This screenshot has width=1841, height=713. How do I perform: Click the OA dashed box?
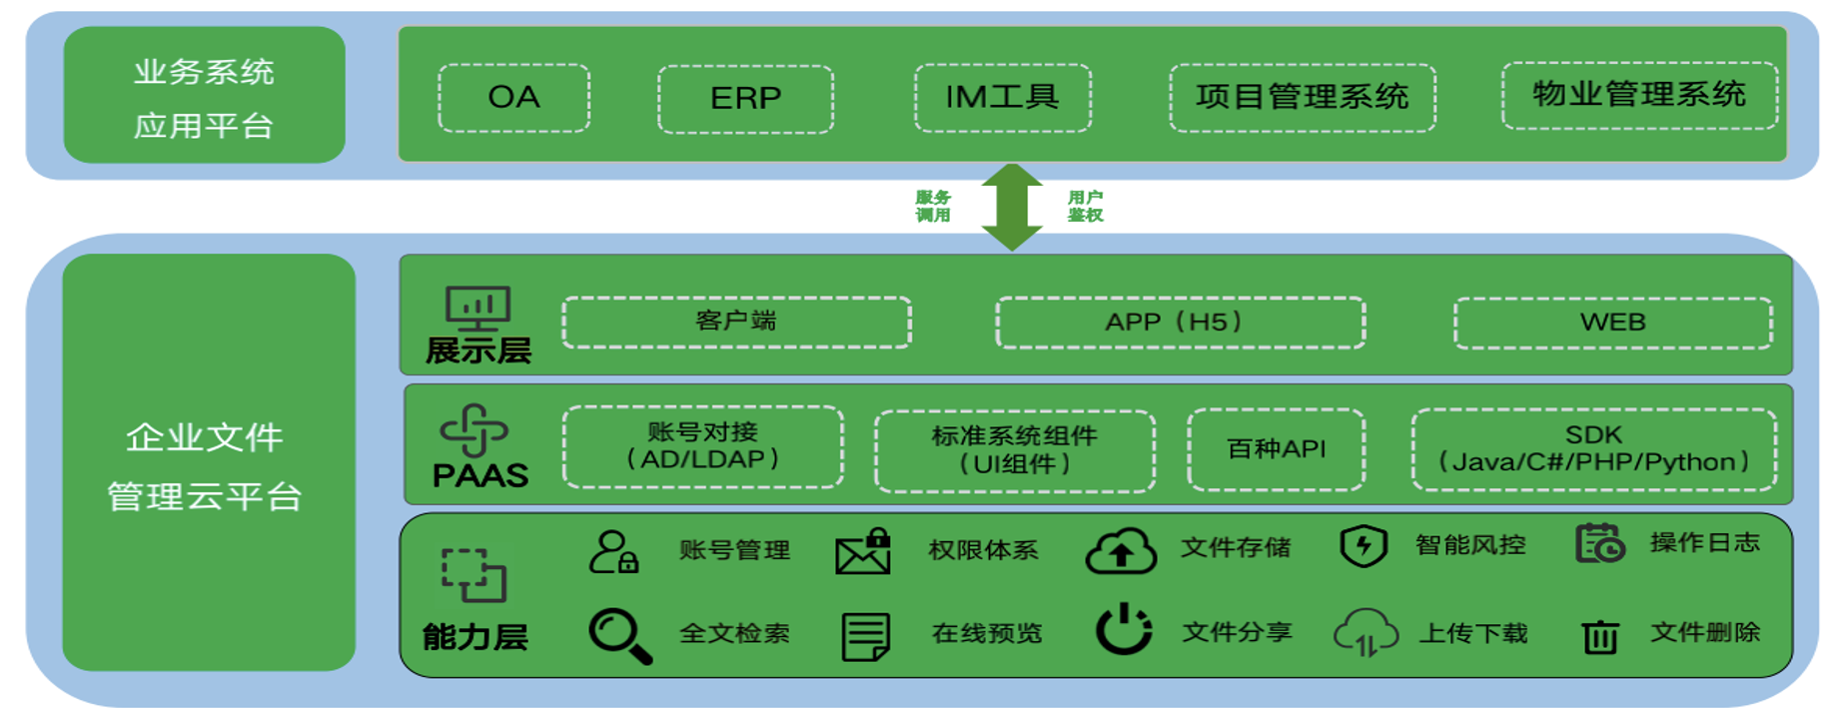[x=513, y=98]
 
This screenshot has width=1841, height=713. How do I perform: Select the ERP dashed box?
[x=745, y=99]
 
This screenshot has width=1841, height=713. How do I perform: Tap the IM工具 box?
[x=1002, y=98]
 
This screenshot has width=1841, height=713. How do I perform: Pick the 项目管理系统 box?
[x=1302, y=98]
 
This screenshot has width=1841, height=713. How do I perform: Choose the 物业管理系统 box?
[x=1639, y=96]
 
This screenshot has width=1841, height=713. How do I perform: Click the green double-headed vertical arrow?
[x=1012, y=207]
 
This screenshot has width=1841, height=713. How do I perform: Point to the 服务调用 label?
[x=933, y=207]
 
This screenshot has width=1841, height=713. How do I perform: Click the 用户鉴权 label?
[x=1085, y=207]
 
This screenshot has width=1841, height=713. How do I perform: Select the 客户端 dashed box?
[x=736, y=322]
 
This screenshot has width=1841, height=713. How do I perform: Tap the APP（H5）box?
[x=1180, y=323]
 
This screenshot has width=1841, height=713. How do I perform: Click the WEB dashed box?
[x=1612, y=323]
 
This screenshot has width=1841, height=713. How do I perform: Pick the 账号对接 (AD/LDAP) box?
[x=702, y=446]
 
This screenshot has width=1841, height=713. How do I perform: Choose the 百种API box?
[x=1276, y=449]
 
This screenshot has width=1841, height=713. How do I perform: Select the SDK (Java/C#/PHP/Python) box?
[x=1593, y=449]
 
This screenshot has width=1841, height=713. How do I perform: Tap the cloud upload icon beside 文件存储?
[x=1121, y=551]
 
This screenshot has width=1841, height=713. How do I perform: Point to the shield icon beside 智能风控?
[x=1364, y=546]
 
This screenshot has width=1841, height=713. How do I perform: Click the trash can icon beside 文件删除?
[x=1599, y=635]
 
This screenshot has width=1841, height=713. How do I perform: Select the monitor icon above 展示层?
[x=477, y=308]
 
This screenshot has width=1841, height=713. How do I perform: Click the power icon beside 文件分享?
[x=1124, y=629]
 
